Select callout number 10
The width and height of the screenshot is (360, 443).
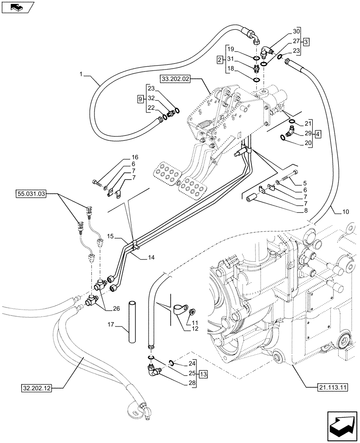tap(345, 212)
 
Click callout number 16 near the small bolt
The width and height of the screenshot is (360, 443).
tap(134, 157)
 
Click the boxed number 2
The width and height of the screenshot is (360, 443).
tap(219, 59)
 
